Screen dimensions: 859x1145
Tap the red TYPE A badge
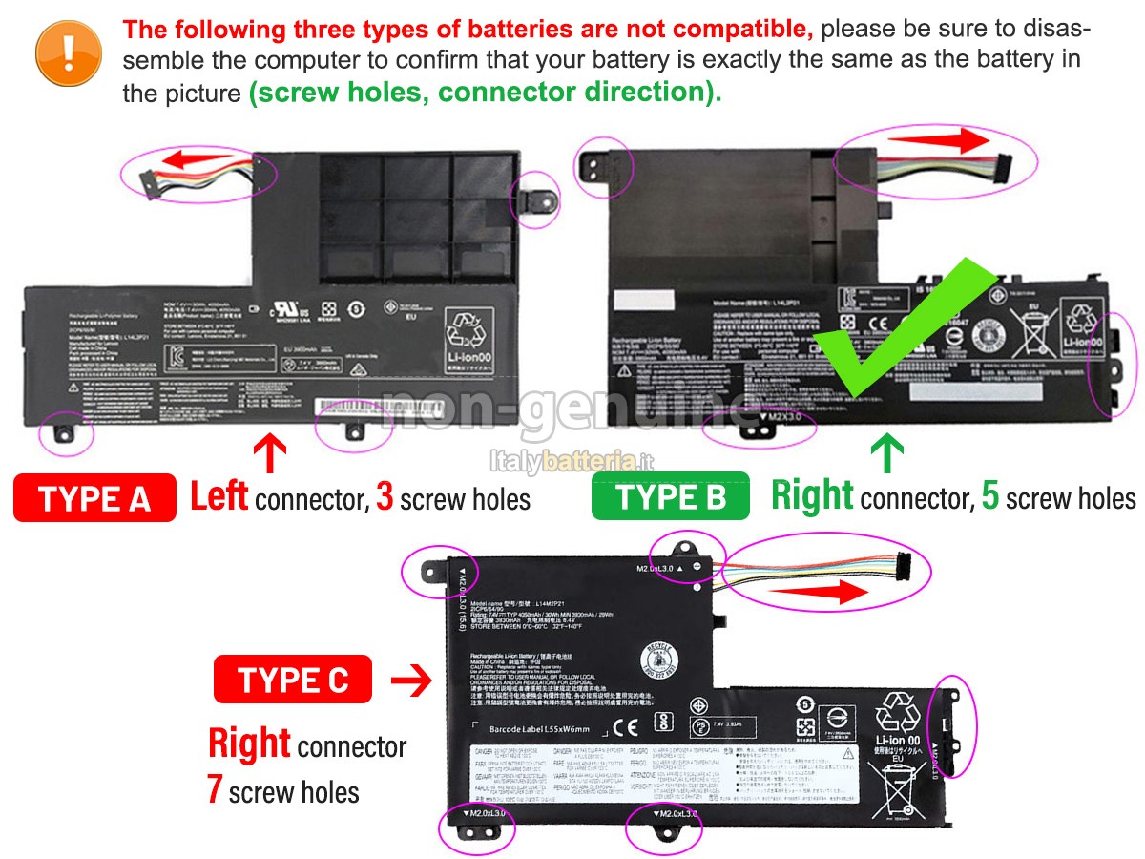[x=94, y=498]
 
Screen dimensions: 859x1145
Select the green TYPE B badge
[x=671, y=497]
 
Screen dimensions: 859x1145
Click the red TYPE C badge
[x=293, y=681]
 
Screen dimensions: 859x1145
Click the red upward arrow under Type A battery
[x=272, y=453]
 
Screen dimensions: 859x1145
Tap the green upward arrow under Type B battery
[x=887, y=453]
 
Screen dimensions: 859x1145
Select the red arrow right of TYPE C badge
[x=411, y=681]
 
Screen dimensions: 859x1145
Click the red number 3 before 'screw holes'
[x=385, y=498]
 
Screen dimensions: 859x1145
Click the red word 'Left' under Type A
[x=219, y=497]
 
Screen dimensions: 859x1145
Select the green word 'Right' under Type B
[x=812, y=497]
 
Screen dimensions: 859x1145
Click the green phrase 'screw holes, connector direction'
[x=485, y=93]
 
